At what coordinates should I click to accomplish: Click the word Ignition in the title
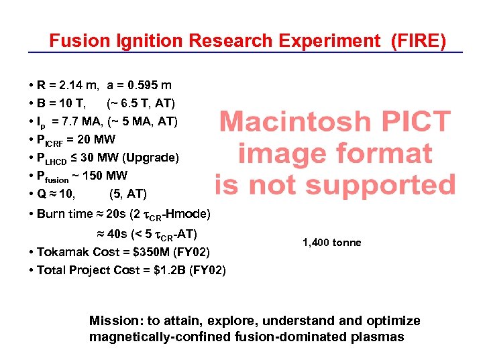[152, 41]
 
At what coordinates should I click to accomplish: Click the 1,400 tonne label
[331, 242]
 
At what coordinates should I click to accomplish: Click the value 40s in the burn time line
[119, 234]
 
